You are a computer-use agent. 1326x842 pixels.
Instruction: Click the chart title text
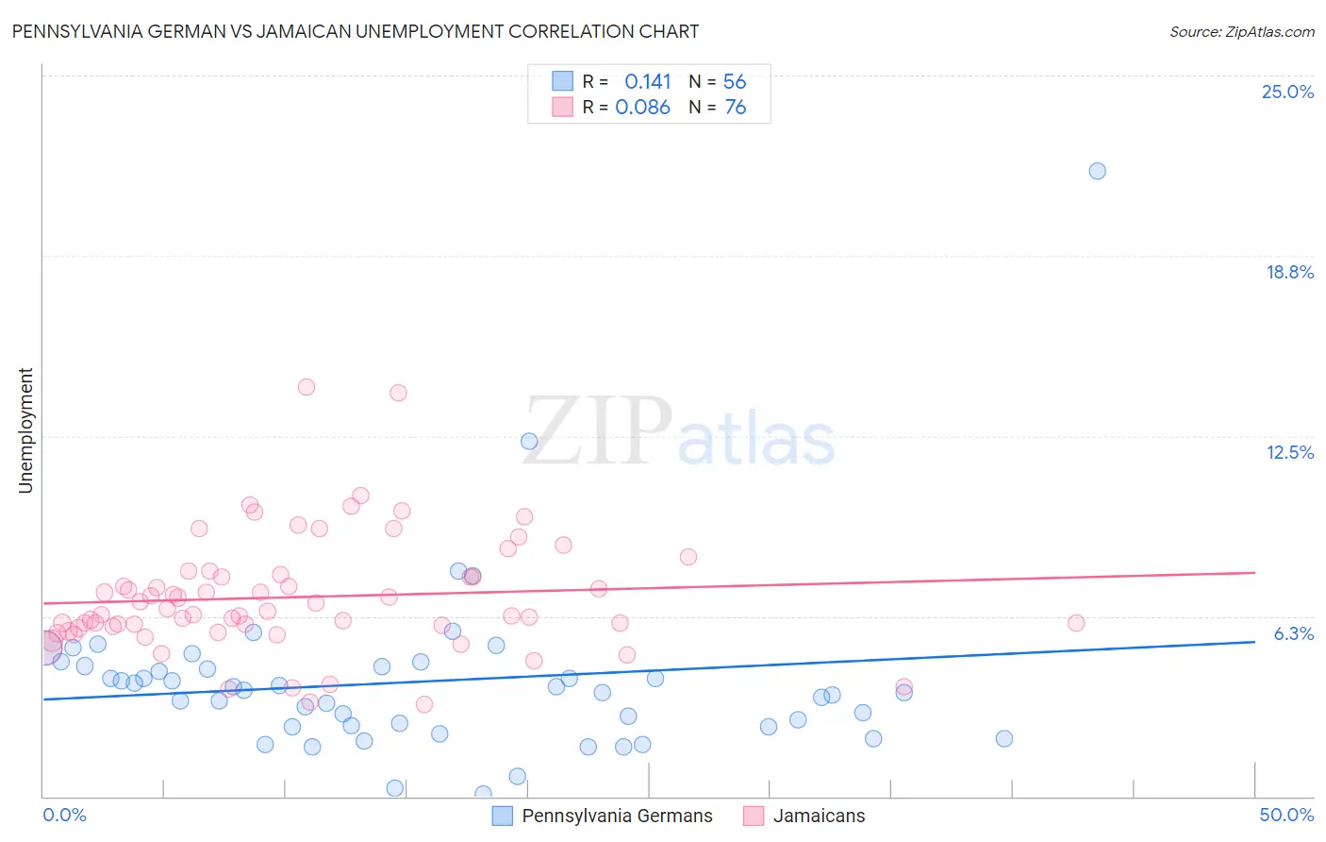(355, 31)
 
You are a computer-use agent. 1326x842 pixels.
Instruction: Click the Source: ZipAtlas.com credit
(1241, 32)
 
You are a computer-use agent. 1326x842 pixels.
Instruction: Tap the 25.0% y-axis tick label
(1287, 92)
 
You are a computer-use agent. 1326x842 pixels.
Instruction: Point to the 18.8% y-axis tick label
(1289, 272)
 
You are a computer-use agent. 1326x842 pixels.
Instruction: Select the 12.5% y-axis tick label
(1289, 452)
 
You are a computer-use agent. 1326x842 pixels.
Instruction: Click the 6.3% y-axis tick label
(1293, 633)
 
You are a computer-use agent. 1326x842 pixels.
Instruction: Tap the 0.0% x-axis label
(64, 815)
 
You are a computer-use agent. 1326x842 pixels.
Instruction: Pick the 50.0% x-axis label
(1286, 815)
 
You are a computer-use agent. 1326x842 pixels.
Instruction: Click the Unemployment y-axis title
(25, 430)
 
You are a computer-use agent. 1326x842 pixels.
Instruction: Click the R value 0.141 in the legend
(648, 82)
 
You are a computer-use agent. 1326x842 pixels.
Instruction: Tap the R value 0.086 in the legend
(642, 108)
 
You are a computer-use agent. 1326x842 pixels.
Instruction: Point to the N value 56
(735, 82)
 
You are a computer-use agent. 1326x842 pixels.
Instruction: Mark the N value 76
(735, 108)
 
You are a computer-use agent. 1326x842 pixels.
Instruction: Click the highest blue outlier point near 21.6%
(1097, 171)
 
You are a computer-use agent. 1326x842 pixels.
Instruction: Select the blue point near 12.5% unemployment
(529, 441)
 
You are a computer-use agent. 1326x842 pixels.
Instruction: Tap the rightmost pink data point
(1076, 622)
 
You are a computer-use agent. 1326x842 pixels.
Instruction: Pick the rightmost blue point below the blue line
(1004, 738)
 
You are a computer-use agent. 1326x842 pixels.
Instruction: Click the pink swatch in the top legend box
(563, 107)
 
